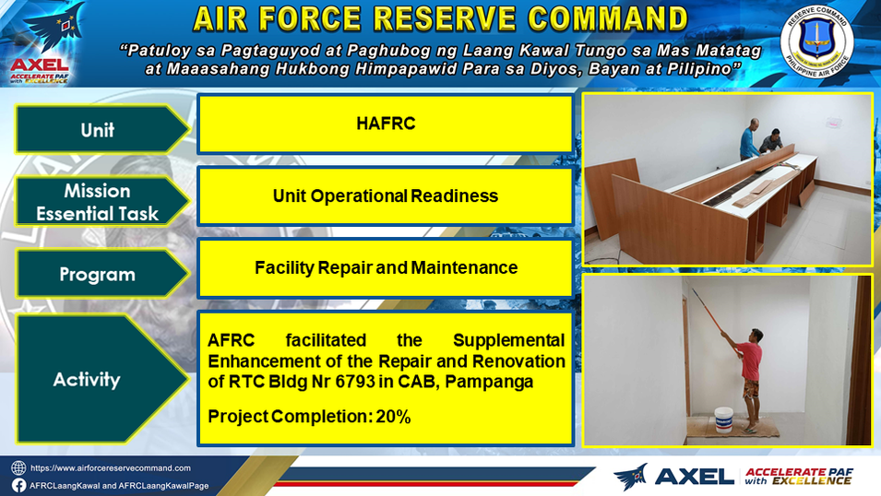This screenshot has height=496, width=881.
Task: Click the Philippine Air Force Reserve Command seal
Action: click(816, 41)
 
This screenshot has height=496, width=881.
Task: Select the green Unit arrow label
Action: click(101, 129)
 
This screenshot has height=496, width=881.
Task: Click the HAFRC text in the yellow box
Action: click(386, 124)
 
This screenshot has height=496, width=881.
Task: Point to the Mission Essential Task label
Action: click(101, 202)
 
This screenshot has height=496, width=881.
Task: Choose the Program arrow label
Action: click(101, 274)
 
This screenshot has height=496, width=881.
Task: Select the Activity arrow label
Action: click(101, 379)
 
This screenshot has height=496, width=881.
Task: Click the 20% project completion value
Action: click(393, 417)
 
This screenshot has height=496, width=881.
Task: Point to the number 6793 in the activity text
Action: click(355, 382)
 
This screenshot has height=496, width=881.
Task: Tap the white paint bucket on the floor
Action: click(723, 420)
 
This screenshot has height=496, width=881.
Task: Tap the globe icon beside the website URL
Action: click(18, 468)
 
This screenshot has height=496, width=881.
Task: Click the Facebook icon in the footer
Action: click(18, 485)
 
